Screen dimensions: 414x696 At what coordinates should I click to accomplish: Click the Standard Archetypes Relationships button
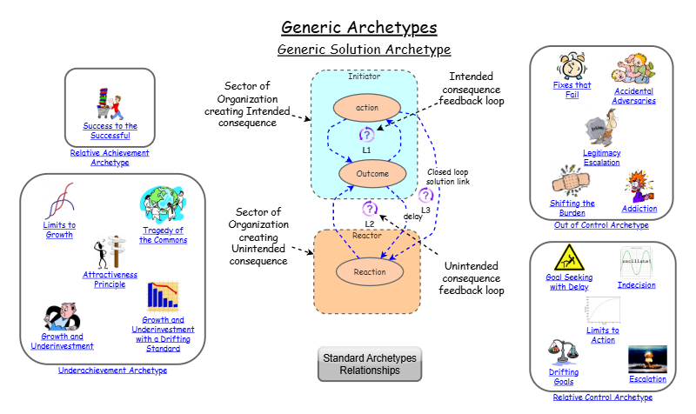(x=370, y=364)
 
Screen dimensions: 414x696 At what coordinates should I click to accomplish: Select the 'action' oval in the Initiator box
(x=366, y=108)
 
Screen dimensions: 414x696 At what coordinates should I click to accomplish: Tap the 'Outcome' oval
(x=366, y=174)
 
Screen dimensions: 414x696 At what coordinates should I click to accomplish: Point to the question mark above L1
(x=366, y=135)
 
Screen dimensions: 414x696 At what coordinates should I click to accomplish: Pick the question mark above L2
(x=369, y=209)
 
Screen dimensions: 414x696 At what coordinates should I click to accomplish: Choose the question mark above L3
(x=425, y=196)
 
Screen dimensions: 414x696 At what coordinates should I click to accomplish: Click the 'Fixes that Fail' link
(x=572, y=90)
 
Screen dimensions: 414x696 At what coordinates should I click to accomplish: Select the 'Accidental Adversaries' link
(x=634, y=95)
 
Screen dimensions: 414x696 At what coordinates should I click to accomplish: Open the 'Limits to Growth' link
(x=60, y=230)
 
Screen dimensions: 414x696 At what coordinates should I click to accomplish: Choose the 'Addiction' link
(x=639, y=209)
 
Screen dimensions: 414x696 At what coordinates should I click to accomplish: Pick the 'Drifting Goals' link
(x=564, y=376)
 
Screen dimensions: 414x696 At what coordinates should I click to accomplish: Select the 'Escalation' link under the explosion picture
(x=647, y=378)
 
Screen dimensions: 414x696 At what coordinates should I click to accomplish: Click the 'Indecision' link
(x=637, y=284)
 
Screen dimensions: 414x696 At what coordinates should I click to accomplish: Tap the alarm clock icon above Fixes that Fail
(x=571, y=64)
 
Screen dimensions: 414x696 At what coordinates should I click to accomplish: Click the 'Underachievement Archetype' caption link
(x=112, y=370)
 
